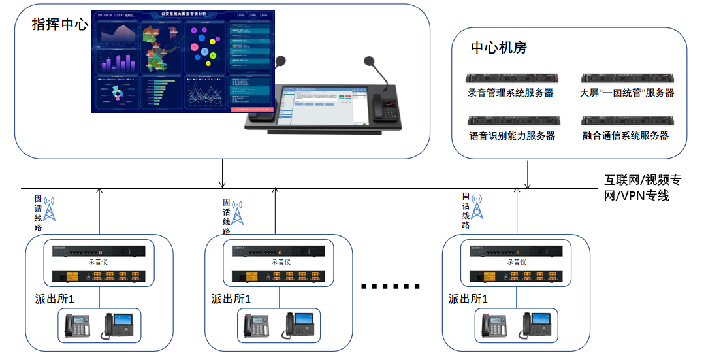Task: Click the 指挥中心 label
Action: [59, 25]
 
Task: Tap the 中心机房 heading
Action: [499, 48]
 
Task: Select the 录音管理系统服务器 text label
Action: [510, 93]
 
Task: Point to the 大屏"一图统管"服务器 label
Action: [627, 93]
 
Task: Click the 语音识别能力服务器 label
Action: [511, 136]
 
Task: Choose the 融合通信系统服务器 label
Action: [626, 136]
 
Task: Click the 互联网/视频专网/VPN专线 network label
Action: [643, 188]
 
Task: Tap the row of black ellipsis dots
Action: [390, 286]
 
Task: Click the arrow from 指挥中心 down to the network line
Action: [223, 173]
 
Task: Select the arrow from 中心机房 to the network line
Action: [527, 174]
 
